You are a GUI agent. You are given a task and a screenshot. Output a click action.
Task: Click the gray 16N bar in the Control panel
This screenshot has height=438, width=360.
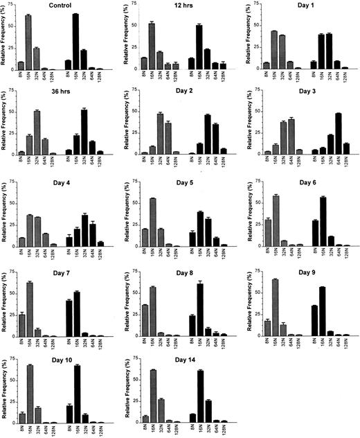click(28, 43)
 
